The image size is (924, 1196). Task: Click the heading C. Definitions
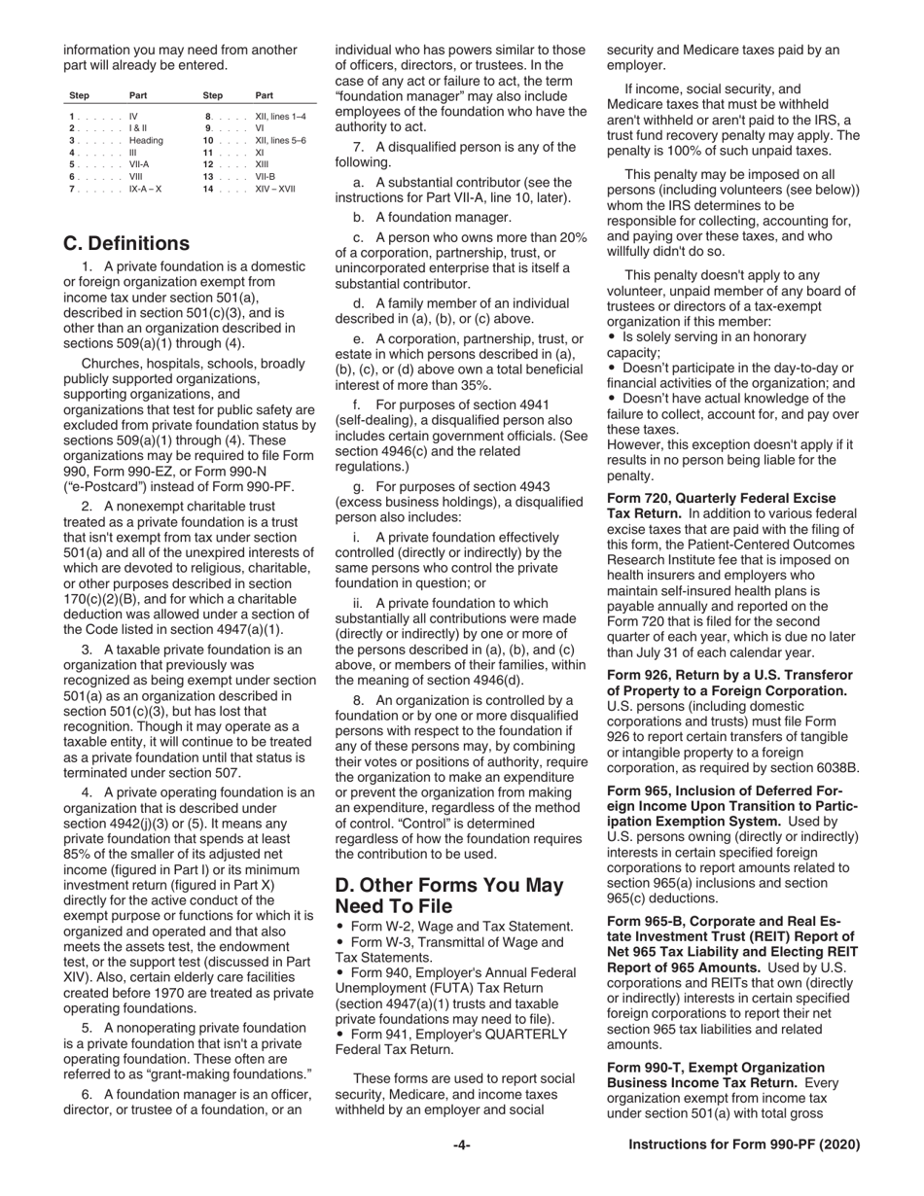126,243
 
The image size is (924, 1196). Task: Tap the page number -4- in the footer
461,1145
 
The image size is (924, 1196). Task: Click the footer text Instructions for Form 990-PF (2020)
744,1145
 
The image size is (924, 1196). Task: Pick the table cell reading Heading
146,141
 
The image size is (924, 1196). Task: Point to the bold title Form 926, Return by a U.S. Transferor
729,675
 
